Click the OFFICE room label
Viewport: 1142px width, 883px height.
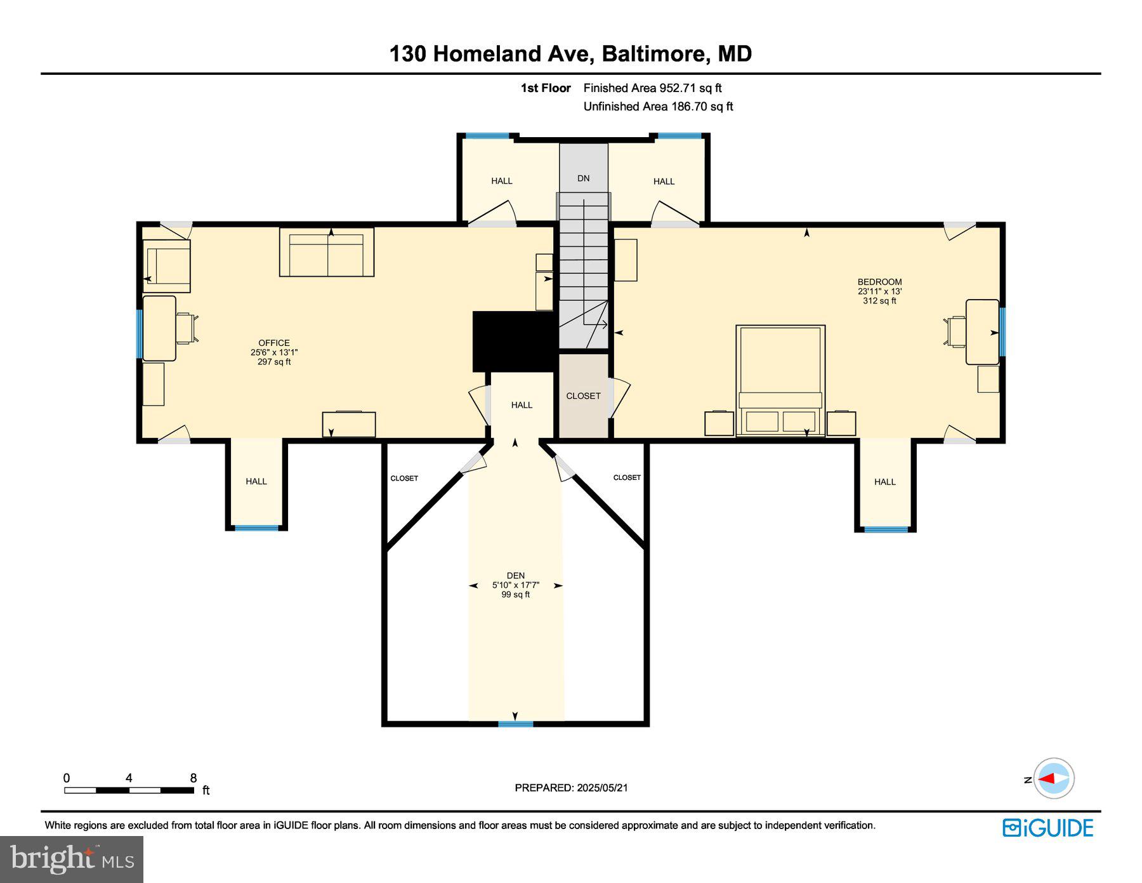(274, 343)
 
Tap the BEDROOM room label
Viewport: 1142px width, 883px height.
(879, 282)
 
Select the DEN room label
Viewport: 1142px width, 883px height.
(515, 576)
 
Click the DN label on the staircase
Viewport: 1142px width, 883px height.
(583, 178)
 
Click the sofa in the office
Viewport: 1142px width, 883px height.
(327, 253)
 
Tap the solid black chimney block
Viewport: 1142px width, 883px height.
(514, 341)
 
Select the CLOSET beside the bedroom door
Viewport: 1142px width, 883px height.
(583, 395)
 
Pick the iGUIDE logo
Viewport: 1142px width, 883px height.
(1047, 828)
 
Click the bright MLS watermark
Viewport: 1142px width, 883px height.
(72, 860)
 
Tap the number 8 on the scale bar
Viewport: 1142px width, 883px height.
(194, 778)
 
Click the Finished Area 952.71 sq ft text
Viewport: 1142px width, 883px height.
(652, 88)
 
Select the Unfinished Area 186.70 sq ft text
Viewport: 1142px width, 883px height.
(658, 107)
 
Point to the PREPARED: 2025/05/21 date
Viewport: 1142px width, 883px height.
(571, 787)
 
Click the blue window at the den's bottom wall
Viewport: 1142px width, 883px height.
(515, 723)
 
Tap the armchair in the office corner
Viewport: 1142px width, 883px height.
(167, 265)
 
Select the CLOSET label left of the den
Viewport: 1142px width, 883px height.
(404, 478)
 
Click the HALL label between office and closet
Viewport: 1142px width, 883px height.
(522, 405)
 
